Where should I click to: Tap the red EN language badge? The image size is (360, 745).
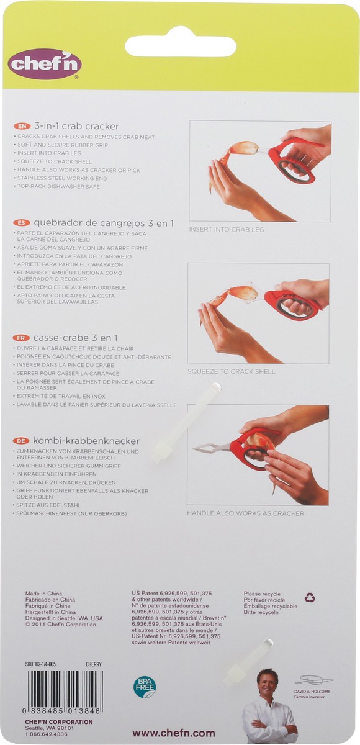tap(22, 125)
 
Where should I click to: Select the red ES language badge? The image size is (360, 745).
tap(22, 222)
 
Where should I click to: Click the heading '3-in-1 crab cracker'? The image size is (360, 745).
tap(76, 125)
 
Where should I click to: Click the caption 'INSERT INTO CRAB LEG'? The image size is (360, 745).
tap(227, 230)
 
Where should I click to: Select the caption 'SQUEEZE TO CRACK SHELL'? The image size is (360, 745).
tap(231, 371)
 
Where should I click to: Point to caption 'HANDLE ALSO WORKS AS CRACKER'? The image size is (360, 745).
tap(245, 513)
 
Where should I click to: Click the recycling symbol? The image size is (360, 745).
tap(310, 597)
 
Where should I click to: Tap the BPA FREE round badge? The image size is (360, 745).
tap(145, 687)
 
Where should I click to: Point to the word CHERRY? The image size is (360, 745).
tap(93, 664)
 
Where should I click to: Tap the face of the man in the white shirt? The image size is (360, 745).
tap(268, 684)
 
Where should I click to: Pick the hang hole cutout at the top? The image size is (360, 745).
tap(180, 46)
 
